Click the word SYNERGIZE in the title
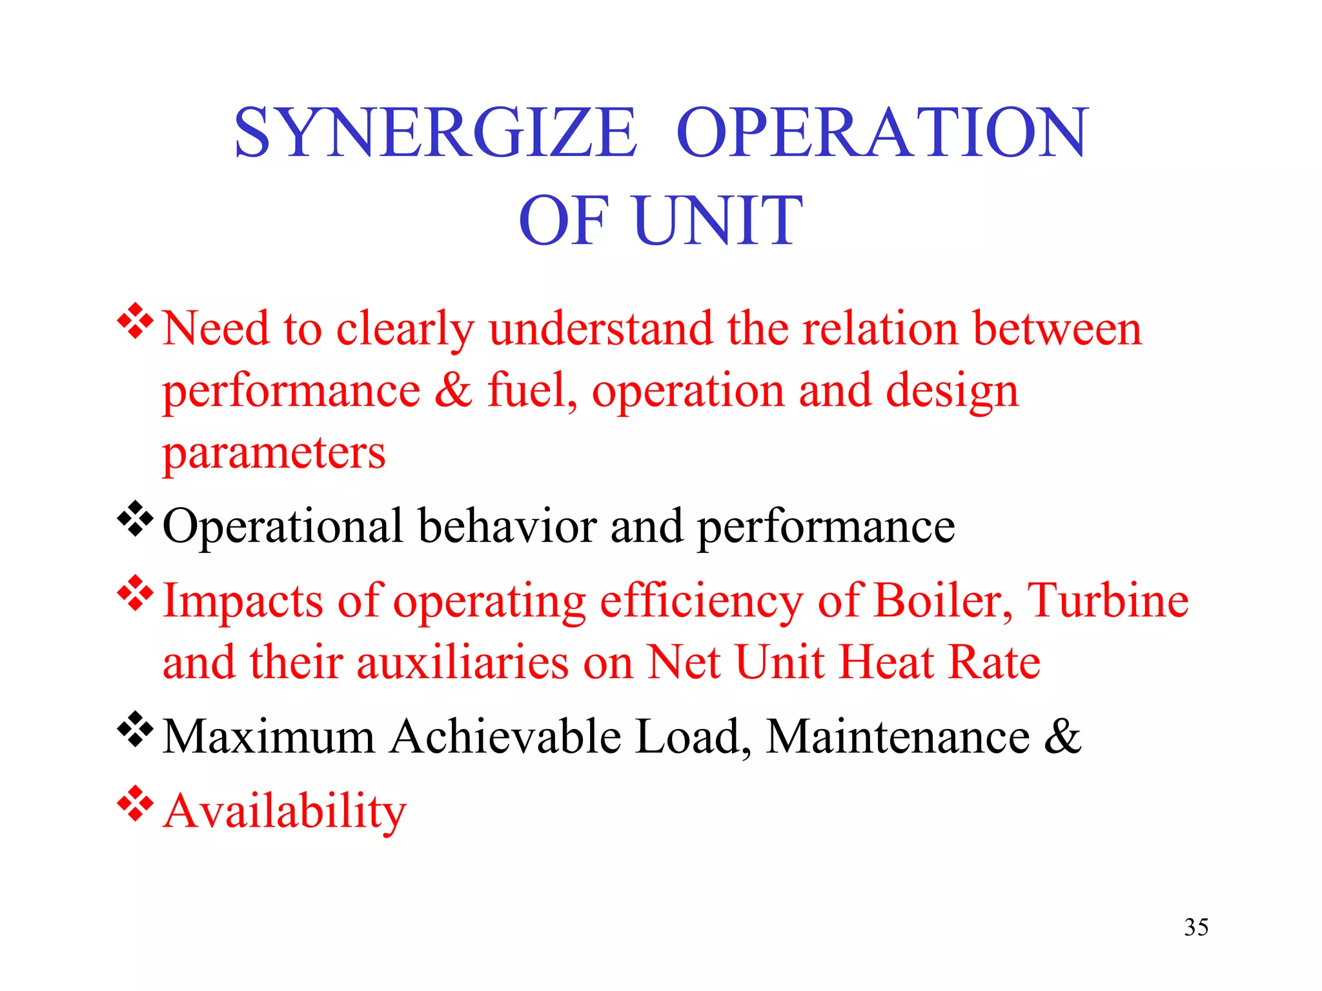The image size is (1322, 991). click(436, 133)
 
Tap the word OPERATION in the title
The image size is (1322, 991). click(882, 133)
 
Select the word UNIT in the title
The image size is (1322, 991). click(718, 221)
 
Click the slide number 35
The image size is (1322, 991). click(1196, 927)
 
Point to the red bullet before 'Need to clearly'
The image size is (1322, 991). click(136, 321)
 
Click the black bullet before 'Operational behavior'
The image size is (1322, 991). click(136, 519)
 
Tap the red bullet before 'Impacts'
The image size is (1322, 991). click(136, 594)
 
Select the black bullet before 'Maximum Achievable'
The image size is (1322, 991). click(136, 729)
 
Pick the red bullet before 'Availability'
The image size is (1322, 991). click(136, 803)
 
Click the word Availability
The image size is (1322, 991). click(285, 811)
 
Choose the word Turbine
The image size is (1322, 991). click(1108, 601)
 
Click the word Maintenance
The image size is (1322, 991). click(898, 736)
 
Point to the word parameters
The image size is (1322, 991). click(274, 453)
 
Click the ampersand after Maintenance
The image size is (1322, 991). click(1063, 736)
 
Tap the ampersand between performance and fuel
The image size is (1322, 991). click(453, 390)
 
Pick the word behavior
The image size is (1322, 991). click(507, 526)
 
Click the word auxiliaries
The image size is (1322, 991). click(462, 663)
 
